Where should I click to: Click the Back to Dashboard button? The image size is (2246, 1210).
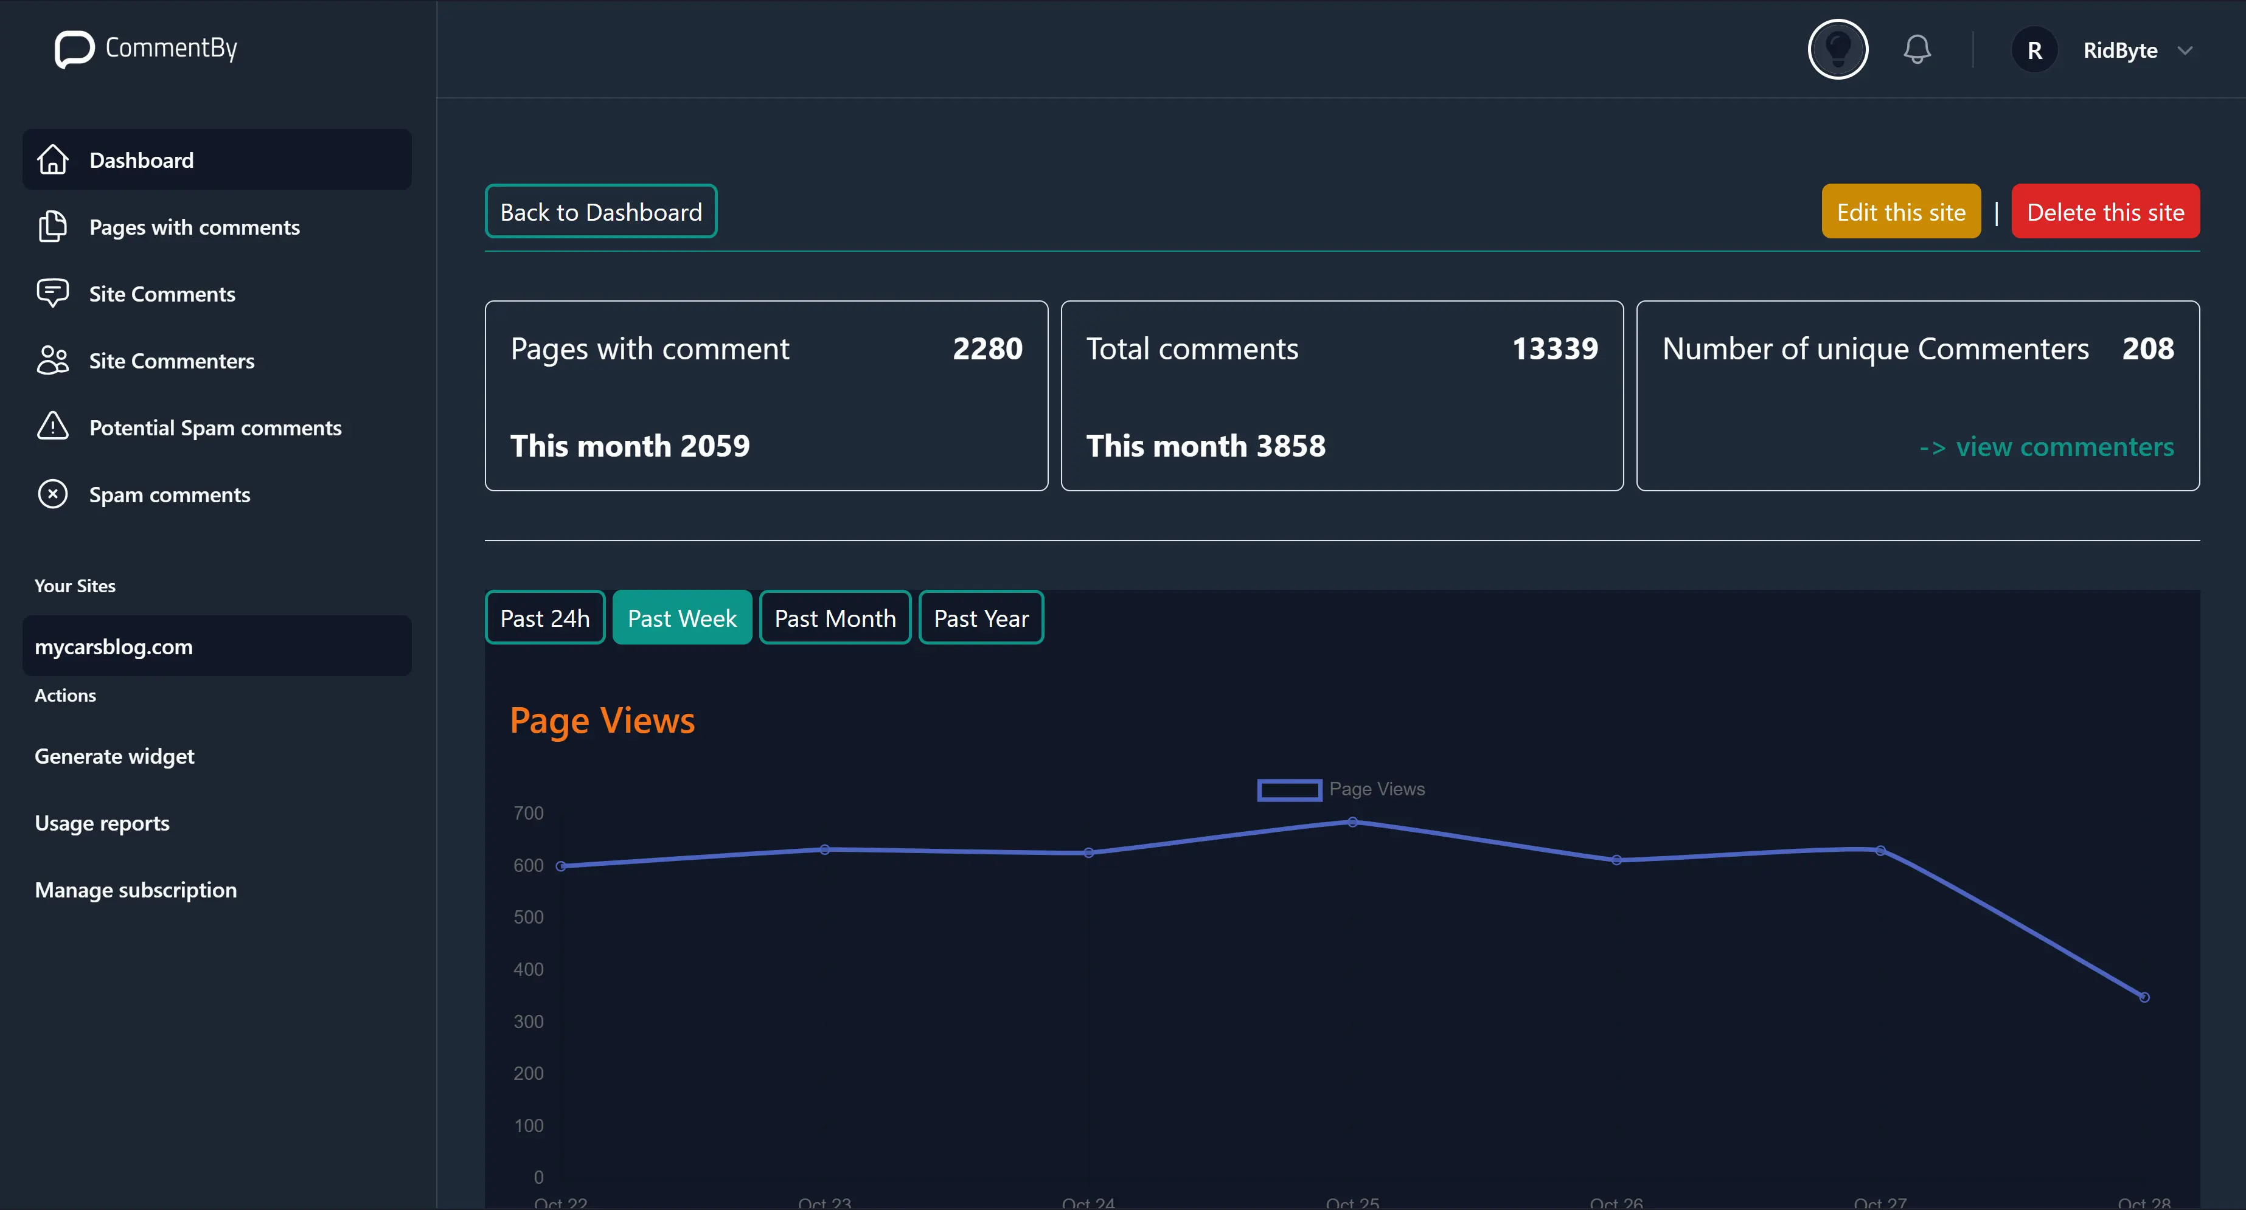[x=600, y=212]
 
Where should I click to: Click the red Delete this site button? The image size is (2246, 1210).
[x=2105, y=212]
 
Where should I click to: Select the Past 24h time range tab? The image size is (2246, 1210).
[x=545, y=618]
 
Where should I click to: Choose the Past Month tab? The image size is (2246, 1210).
[x=835, y=618]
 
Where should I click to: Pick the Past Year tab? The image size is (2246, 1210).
[x=981, y=618]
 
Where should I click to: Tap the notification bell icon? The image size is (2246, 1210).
[x=1916, y=50]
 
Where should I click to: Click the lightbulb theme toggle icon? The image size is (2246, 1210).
[x=1837, y=50]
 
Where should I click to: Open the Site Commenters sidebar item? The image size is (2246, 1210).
[x=171, y=361]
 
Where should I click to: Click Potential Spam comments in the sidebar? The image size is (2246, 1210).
[x=215, y=428]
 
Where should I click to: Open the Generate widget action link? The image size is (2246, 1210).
[x=114, y=756]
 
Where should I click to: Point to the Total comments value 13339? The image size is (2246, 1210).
[x=1554, y=348]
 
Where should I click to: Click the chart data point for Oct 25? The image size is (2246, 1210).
[x=1352, y=822]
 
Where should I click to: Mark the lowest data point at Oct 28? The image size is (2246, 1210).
[x=2144, y=997]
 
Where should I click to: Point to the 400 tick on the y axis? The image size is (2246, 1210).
[x=529, y=969]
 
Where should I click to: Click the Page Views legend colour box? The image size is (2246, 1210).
[x=1288, y=790]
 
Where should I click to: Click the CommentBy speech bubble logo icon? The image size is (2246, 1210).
[x=74, y=49]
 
